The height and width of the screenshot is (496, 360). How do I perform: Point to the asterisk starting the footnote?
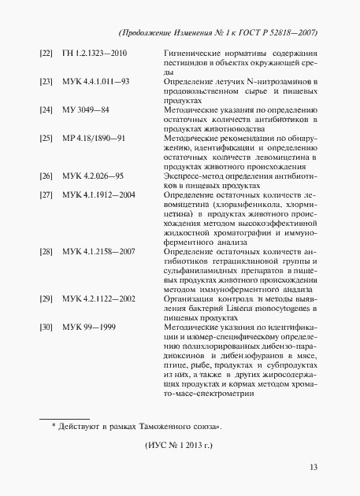pos(54,426)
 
